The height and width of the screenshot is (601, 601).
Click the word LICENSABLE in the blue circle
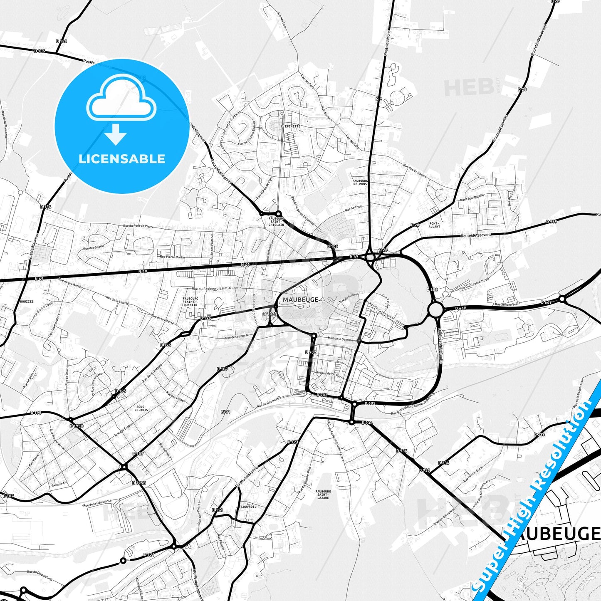(x=122, y=159)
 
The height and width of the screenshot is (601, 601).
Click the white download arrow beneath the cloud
(x=116, y=134)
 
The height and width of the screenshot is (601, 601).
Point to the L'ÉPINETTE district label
(x=290, y=126)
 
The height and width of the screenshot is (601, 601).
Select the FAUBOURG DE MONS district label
(x=360, y=182)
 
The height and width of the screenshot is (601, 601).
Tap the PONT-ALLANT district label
(x=434, y=225)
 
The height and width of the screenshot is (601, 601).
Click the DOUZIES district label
(x=27, y=302)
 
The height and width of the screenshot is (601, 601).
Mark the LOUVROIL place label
(x=248, y=507)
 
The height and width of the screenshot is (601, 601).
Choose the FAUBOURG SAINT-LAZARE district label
(x=323, y=495)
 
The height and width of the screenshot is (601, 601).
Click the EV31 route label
(x=225, y=412)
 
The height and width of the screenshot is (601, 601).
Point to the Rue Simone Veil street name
(x=506, y=304)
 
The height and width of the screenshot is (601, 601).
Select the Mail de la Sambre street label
(x=340, y=339)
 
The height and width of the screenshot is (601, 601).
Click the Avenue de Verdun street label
(x=328, y=374)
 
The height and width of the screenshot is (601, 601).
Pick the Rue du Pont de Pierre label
(x=138, y=226)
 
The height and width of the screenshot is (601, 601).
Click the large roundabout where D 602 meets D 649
(x=435, y=309)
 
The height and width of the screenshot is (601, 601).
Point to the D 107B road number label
(x=270, y=314)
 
